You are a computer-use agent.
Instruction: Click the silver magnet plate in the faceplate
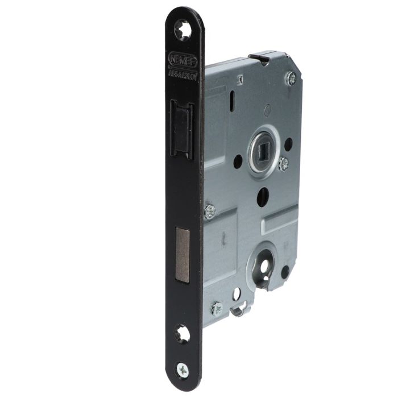click(x=181, y=247)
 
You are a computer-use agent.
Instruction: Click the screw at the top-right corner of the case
click(x=292, y=77)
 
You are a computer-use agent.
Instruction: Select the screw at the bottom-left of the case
click(x=217, y=309)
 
